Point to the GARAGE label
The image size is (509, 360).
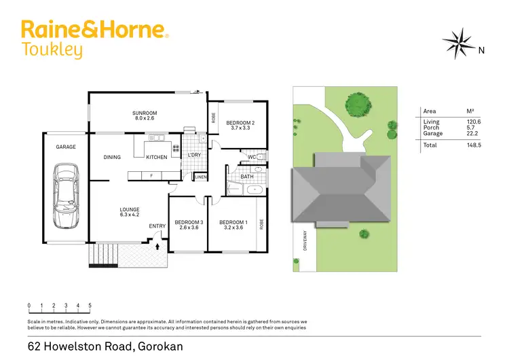point(66,147)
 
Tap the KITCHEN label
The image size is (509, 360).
point(157,158)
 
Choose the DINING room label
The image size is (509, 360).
point(112,158)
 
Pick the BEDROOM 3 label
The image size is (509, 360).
point(189,223)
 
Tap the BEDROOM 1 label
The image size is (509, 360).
point(232,223)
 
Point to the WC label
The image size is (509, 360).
point(251,158)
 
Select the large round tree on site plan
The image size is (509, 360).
point(358,105)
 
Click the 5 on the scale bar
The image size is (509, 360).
point(90,306)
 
